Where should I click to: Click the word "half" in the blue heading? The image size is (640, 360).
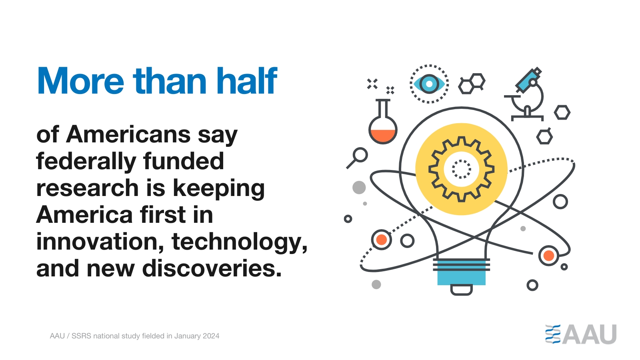(247, 80)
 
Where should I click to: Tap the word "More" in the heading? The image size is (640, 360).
(80, 81)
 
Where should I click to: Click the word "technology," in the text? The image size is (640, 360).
(240, 242)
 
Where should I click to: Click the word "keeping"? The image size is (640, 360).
(219, 189)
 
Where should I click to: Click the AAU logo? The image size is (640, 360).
(580, 334)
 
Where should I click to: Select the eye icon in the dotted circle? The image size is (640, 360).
(429, 84)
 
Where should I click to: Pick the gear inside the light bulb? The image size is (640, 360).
(461, 169)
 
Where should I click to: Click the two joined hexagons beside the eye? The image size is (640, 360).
(472, 84)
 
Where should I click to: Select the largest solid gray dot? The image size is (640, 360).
(359, 188)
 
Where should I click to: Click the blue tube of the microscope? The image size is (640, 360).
(528, 80)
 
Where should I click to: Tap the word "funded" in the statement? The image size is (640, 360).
(184, 161)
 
